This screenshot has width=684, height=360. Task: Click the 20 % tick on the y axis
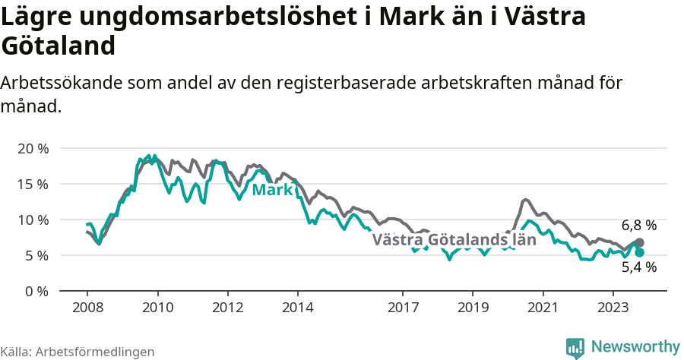(x=32, y=148)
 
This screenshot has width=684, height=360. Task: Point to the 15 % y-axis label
(x=32, y=184)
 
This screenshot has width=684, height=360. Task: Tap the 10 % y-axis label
(x=32, y=219)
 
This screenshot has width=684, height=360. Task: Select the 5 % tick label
(x=36, y=255)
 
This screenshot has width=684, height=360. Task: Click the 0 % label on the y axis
(x=36, y=291)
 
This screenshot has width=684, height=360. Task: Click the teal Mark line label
(x=272, y=190)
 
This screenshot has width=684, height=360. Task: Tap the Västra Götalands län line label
(x=454, y=240)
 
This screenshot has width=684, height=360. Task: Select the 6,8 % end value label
(x=638, y=226)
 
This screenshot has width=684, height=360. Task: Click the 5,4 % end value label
(x=638, y=267)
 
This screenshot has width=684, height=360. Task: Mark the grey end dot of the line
(x=639, y=242)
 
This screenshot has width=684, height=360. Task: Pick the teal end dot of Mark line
(x=639, y=252)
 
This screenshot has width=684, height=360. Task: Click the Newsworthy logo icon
(x=575, y=347)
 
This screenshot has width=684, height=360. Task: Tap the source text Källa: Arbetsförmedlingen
(x=78, y=352)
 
